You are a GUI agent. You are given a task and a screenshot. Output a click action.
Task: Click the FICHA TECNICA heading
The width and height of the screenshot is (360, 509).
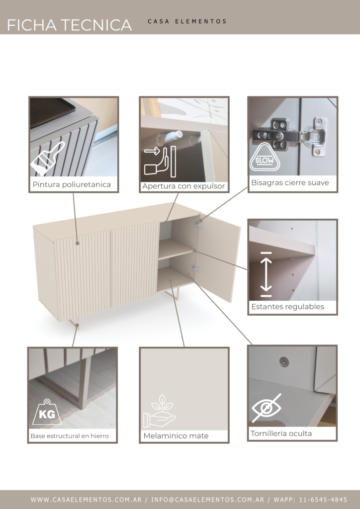pos(70,25)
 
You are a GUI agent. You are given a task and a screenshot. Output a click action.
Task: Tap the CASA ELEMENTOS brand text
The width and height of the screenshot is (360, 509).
pos(187,21)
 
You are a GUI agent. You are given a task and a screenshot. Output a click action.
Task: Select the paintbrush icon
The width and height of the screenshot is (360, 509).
pos(47,158)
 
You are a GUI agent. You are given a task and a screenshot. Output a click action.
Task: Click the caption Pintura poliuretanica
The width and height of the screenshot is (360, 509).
pos(72,185)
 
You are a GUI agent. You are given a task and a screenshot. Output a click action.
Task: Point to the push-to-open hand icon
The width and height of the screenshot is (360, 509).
pos(160,162)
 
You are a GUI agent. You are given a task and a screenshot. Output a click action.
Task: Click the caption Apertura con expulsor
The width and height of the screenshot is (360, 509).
pos(183,186)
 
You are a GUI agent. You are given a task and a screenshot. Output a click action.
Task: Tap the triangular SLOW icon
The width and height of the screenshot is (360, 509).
pos(265,158)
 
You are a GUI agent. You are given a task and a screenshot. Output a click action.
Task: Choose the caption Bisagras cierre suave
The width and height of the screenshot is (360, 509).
pos(290,183)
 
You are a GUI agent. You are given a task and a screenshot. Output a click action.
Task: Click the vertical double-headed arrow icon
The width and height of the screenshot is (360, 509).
pos(266,274)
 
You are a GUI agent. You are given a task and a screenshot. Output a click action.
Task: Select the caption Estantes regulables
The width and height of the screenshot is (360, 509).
pos(287,307)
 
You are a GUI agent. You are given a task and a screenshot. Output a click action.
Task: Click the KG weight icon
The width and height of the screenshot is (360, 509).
pos(47,412)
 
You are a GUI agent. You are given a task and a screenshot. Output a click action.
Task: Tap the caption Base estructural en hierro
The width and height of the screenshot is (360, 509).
pos(70,436)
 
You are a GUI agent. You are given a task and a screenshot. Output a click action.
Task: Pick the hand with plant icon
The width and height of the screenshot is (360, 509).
pos(160,411)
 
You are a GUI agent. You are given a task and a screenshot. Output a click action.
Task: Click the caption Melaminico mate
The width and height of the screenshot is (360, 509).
pos(176,436)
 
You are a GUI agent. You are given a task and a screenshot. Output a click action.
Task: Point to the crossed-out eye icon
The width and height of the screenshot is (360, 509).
pos(267,408)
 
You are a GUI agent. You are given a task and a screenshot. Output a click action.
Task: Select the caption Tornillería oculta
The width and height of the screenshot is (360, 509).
pos(281,433)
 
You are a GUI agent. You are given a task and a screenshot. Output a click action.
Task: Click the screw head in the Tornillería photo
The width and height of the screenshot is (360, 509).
pos(284,361)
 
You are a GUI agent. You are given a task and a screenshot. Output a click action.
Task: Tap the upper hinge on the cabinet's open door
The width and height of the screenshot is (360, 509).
pos(199,224)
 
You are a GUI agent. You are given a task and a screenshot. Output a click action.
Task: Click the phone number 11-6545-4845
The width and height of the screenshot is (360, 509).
pos(323,500)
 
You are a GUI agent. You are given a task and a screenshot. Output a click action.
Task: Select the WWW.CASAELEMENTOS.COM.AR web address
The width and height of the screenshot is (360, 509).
pos(87,500)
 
